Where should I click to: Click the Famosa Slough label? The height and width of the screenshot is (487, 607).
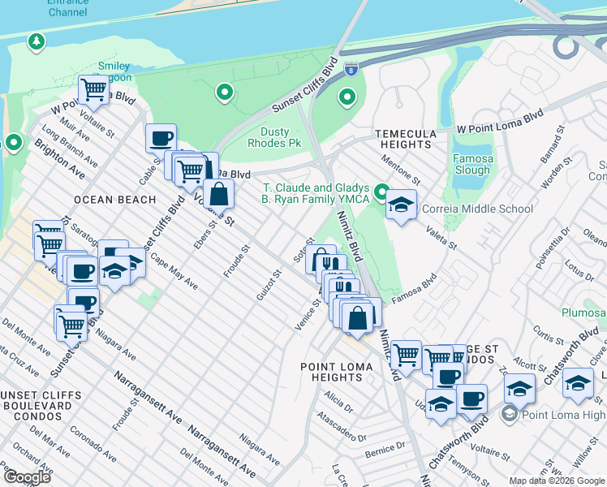[x=472, y=164]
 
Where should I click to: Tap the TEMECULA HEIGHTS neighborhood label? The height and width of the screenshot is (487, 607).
[x=405, y=139]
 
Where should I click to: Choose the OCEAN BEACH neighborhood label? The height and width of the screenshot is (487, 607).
[x=114, y=200]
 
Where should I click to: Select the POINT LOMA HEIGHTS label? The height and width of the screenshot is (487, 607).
[x=337, y=373]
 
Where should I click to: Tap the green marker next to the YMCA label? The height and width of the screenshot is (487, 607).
[x=381, y=189]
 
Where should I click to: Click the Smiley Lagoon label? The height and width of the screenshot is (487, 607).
[x=114, y=71]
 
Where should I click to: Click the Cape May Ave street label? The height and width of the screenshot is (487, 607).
[x=173, y=278]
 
